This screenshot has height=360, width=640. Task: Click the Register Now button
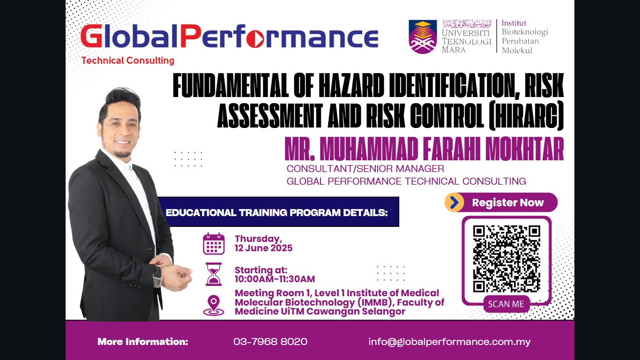(501, 202)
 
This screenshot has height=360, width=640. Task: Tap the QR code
(506, 259)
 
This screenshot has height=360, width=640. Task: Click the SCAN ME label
(506, 304)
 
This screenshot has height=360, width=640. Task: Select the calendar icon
(214, 244)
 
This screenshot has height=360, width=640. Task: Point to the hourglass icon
(214, 274)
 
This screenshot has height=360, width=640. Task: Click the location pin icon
(214, 305)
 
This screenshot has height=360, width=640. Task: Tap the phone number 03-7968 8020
(270, 342)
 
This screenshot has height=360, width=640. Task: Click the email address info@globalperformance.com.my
(449, 342)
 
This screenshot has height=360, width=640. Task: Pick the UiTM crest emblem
(423, 37)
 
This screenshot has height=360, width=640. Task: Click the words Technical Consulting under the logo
(128, 60)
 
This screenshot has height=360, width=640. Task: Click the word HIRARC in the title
(526, 115)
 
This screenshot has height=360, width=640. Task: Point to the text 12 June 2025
(263, 248)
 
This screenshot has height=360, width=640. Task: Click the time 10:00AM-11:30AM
(275, 279)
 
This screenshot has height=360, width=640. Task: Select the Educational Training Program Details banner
(279, 212)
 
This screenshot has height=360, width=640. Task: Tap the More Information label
(143, 342)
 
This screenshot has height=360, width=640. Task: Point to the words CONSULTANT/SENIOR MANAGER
(365, 169)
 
